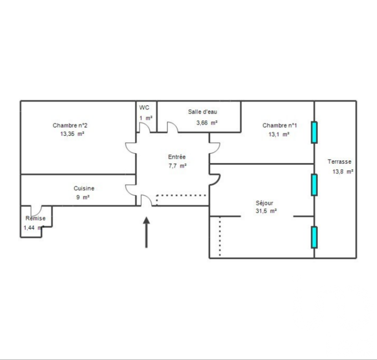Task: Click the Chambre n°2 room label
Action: pos(70,125)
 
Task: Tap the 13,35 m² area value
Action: pos(72,134)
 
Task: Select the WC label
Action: pos(144,108)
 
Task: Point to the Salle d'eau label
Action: pos(202,111)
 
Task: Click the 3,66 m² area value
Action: pos(207,123)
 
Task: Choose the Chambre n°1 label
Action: pos(279,125)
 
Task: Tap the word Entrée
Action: pos(177,157)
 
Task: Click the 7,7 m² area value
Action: pos(177,166)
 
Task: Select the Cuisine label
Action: pos(84,188)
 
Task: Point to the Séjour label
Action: pos(264,203)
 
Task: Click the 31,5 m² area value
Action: pos(266,211)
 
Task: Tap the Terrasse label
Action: pos(339,161)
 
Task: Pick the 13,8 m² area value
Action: pos(343,171)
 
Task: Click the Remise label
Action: pos(35,218)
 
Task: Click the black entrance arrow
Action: pos(146,232)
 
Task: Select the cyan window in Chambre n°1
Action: pos(314,133)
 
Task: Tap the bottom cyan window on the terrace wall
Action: pos(314,237)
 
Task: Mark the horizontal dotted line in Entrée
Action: pos(181,195)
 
